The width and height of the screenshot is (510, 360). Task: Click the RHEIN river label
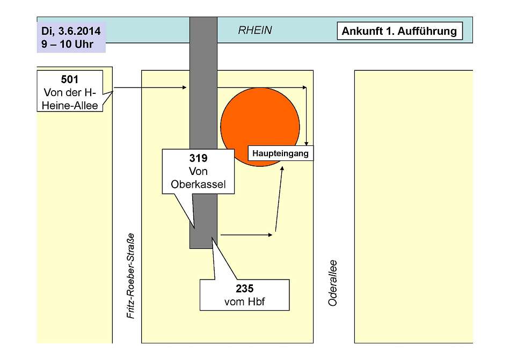click(x=254, y=30)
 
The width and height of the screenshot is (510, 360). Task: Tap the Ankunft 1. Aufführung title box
click(x=399, y=31)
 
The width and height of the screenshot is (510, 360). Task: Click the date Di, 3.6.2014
click(x=71, y=31)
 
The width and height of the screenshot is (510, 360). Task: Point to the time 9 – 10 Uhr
click(x=67, y=44)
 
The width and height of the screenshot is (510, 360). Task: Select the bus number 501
click(x=70, y=79)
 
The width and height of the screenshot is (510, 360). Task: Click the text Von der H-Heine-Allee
click(x=70, y=99)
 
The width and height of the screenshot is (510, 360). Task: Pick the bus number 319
click(x=198, y=158)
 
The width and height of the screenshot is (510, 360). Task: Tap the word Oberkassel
click(x=198, y=185)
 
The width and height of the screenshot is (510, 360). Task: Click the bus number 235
click(x=245, y=289)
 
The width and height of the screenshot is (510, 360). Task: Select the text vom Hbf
click(x=245, y=302)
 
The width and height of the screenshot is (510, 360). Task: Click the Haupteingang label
click(x=280, y=153)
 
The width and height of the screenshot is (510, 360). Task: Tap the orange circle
click(x=260, y=127)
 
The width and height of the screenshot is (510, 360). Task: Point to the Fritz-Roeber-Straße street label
click(x=131, y=276)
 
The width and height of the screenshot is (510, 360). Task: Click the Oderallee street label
click(x=332, y=283)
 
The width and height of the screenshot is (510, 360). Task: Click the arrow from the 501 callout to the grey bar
click(x=150, y=87)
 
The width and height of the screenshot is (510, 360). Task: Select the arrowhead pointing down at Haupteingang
click(x=306, y=144)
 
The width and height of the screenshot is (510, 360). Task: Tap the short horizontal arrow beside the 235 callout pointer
click(x=246, y=234)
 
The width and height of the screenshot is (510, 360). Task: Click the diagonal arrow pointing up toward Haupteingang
click(x=279, y=199)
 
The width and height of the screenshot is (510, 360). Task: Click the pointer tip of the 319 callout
click(x=194, y=228)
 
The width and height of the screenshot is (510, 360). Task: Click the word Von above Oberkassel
click(x=198, y=171)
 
